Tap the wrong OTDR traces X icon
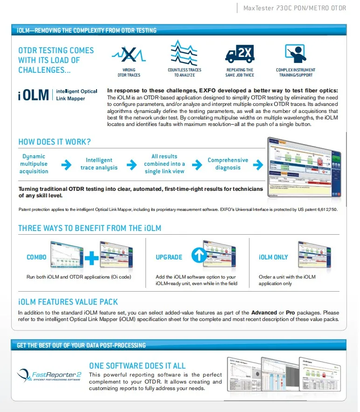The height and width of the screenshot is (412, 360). tap(128, 55)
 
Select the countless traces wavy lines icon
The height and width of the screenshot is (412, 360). tap(184, 53)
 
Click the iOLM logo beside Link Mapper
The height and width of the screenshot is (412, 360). tap(34, 95)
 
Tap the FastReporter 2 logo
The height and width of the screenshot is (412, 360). tap(49, 375)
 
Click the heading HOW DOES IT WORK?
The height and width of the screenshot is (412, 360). tap(55, 142)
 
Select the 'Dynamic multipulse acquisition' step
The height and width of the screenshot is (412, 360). tap(34, 164)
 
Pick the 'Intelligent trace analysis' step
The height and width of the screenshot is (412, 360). tap(99, 164)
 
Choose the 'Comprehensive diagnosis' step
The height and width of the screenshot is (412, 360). tap(228, 164)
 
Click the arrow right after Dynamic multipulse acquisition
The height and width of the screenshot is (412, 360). tap(67, 164)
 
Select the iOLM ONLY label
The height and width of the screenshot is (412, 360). tap(273, 257)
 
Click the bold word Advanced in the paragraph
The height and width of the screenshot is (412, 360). tap(264, 312)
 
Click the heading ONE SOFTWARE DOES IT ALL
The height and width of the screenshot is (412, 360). tap(137, 366)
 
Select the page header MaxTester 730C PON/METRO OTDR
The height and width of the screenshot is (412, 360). tap(295, 8)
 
